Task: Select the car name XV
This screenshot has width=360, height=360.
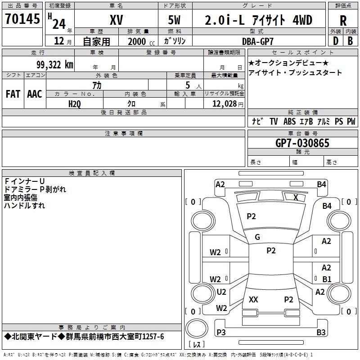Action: pyautogui.click(x=117, y=20)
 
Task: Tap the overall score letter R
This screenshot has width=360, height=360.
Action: pyautogui.click(x=343, y=21)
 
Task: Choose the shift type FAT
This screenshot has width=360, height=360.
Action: pyautogui.click(x=13, y=94)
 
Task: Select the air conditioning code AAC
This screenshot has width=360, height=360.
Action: pyautogui.click(x=35, y=94)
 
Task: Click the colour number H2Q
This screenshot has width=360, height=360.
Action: pyautogui.click(x=75, y=103)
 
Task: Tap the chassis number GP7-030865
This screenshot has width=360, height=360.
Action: pyautogui.click(x=302, y=144)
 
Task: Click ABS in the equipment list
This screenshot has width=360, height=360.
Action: pyautogui.click(x=289, y=121)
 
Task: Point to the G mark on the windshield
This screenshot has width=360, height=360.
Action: pyautogui.click(x=257, y=237)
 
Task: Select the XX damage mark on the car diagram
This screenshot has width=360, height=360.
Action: pyautogui.click(x=253, y=299)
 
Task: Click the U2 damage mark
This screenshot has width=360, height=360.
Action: pyautogui.click(x=221, y=292)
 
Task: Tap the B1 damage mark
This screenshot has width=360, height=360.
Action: pyautogui.click(x=326, y=279)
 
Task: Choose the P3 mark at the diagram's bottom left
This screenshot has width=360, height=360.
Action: pyautogui.click(x=221, y=333)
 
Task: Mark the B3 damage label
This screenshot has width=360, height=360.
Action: pyautogui.click(x=321, y=333)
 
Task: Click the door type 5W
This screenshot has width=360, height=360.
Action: pyautogui.click(x=175, y=20)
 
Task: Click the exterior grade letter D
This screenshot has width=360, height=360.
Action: pyautogui.click(x=335, y=41)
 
